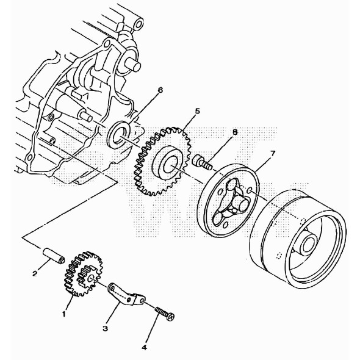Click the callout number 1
[x=63, y=314]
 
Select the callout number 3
[x=105, y=329]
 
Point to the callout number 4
[x=144, y=347]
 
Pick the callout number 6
[x=160, y=90]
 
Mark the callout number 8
[x=217, y=131]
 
